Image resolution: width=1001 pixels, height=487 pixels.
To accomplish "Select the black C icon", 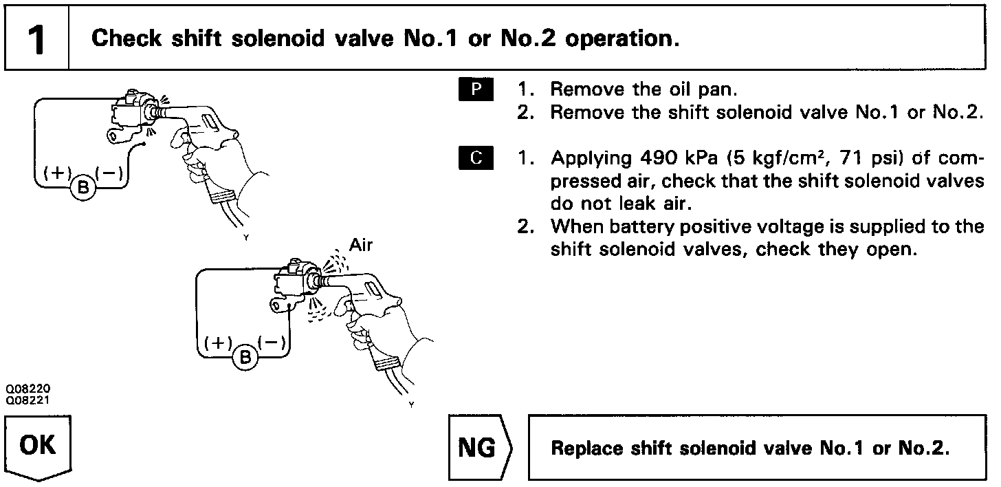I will [475, 159].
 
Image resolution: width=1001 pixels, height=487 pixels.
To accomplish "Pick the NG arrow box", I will [478, 447].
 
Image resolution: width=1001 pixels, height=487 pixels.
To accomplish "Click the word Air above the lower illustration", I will [361, 245].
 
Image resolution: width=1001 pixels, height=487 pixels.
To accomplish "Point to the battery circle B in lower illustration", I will [245, 358].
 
